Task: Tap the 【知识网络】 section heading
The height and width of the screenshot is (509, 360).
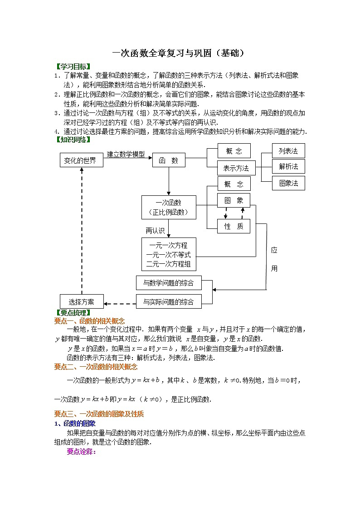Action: (x=73, y=140)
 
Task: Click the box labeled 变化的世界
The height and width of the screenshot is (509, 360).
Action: (x=80, y=160)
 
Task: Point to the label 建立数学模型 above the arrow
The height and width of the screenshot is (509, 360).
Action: (x=126, y=155)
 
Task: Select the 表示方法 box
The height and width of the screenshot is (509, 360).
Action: (x=236, y=168)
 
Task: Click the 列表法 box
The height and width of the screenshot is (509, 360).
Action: (x=288, y=150)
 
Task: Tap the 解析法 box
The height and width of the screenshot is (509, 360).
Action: (x=288, y=166)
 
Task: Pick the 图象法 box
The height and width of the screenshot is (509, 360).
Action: (x=288, y=183)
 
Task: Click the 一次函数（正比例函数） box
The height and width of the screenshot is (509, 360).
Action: (x=168, y=207)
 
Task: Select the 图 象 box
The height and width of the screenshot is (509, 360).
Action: (x=234, y=200)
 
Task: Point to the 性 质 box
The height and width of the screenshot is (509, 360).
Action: (x=234, y=226)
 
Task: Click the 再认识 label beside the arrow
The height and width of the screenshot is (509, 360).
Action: (x=155, y=230)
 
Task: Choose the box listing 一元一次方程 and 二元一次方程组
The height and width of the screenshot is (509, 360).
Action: (x=168, y=254)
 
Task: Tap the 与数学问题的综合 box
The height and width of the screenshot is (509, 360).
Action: (x=168, y=283)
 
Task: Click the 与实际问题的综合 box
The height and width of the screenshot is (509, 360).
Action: (x=168, y=301)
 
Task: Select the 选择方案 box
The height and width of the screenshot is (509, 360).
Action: (x=82, y=301)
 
